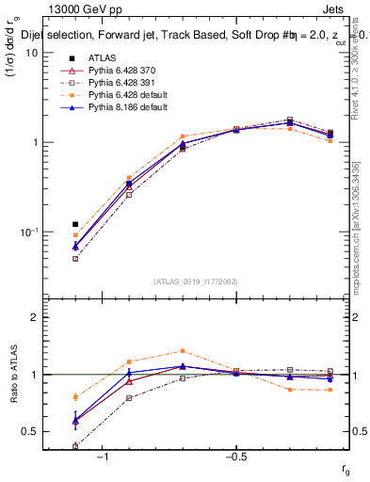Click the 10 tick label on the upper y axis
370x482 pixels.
tap(31, 53)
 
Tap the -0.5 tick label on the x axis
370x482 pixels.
tap(235, 457)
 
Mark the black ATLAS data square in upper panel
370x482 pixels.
tap(75, 224)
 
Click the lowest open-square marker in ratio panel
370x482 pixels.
tap(75, 446)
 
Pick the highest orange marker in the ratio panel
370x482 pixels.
tap(183, 351)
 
